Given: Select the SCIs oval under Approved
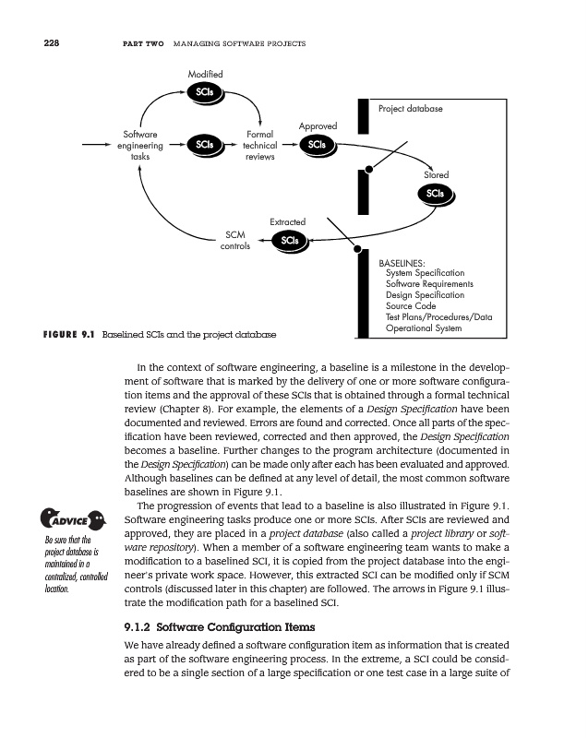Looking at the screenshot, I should coord(317,145).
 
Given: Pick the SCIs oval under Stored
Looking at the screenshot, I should coord(436,193).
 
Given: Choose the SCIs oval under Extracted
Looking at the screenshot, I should coord(289,241).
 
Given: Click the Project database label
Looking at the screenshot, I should coord(411,109).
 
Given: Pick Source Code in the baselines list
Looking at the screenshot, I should coord(411,306).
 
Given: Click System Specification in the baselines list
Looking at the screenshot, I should coord(425,273).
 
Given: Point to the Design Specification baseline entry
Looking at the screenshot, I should coord(425,295).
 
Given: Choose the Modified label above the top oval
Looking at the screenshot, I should coord(204,73).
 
